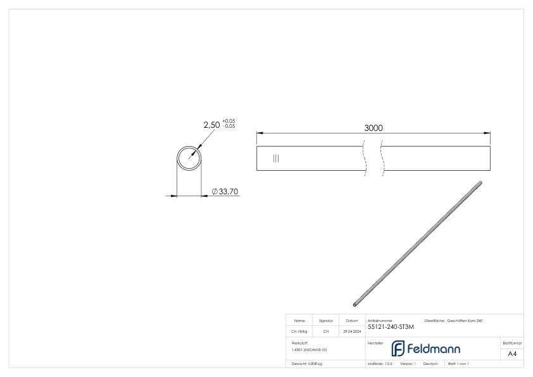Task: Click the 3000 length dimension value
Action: tap(373, 128)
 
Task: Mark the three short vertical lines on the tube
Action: tap(275, 158)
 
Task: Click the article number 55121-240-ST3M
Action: tap(391, 327)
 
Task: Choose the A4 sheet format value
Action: tap(513, 354)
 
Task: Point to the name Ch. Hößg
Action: tap(301, 331)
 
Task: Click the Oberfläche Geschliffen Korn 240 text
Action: tap(456, 321)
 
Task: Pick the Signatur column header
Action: tap(327, 321)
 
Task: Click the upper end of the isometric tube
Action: tap(480, 184)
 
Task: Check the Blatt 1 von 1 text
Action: tap(458, 364)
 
